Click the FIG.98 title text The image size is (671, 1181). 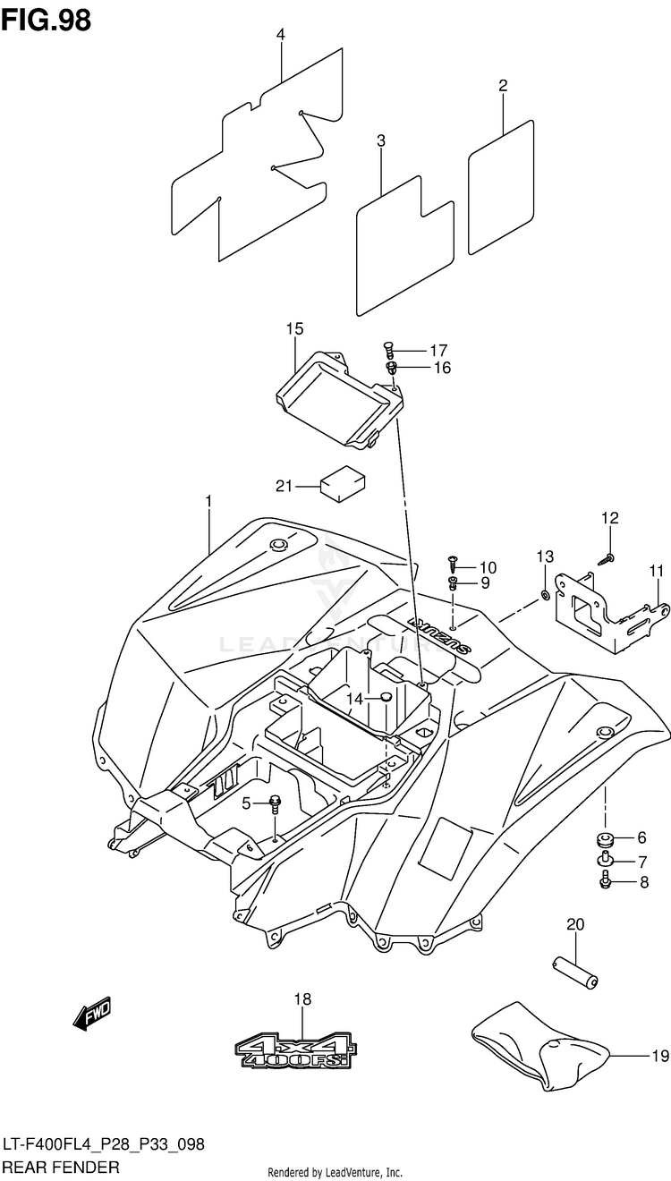click(46, 21)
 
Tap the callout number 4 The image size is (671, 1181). click(280, 35)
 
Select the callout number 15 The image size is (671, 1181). click(295, 329)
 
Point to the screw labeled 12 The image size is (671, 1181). click(606, 559)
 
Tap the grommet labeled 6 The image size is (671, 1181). click(605, 837)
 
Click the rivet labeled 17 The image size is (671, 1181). click(388, 350)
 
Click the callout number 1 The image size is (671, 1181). click(208, 500)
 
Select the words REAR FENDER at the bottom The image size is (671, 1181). click(61, 1167)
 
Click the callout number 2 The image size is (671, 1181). click(503, 85)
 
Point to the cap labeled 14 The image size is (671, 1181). click(386, 698)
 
